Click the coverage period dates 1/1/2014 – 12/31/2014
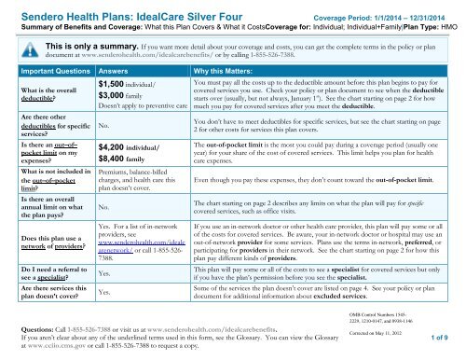412,9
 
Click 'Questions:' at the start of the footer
29,331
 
